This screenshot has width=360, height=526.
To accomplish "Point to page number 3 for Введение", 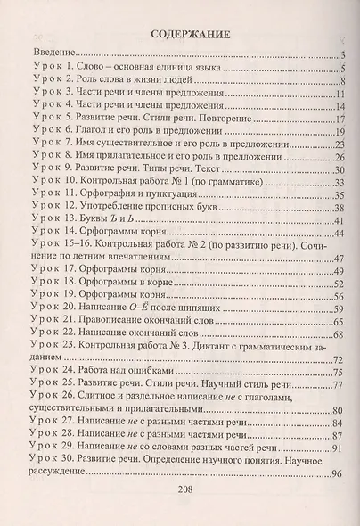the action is tap(341, 55).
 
